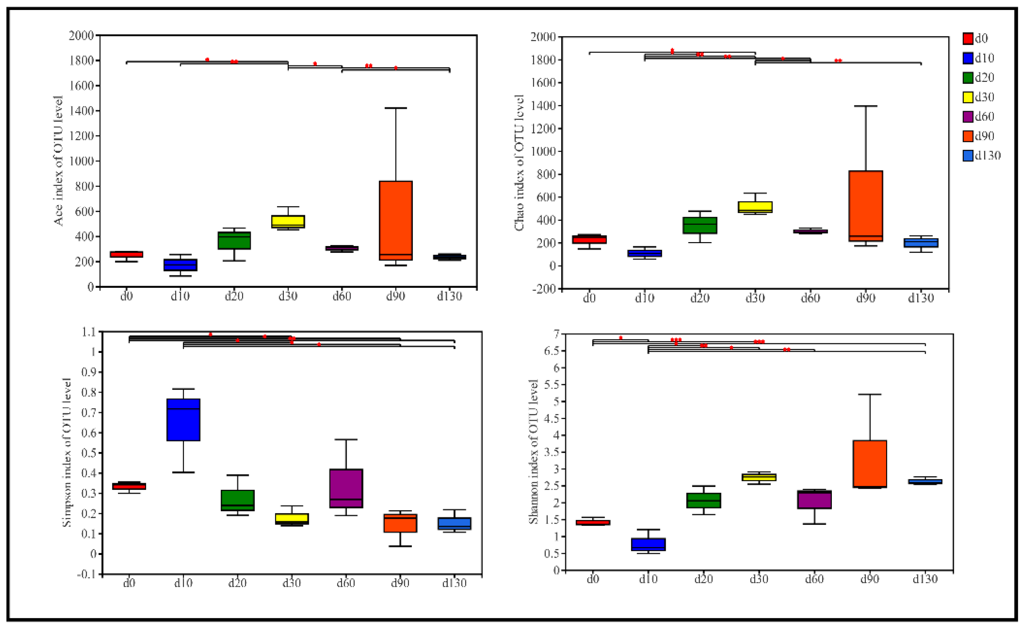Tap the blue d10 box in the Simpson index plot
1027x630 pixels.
coord(183,419)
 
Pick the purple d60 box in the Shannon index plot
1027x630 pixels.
coord(814,499)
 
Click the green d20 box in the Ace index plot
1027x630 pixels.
coord(234,241)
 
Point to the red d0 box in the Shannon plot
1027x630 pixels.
coord(593,522)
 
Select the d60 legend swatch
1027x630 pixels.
coord(968,116)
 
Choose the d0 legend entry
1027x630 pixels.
coord(975,38)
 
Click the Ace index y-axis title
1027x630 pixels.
coord(58,161)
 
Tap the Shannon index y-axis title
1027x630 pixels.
coord(533,452)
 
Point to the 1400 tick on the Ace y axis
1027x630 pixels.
coord(81,111)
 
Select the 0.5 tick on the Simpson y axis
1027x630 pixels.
coord(89,453)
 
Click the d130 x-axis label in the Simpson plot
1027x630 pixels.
coord(454,582)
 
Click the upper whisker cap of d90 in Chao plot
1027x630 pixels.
coord(866,106)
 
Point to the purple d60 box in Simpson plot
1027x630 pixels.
coord(346,488)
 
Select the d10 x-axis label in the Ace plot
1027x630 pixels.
coord(180,296)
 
